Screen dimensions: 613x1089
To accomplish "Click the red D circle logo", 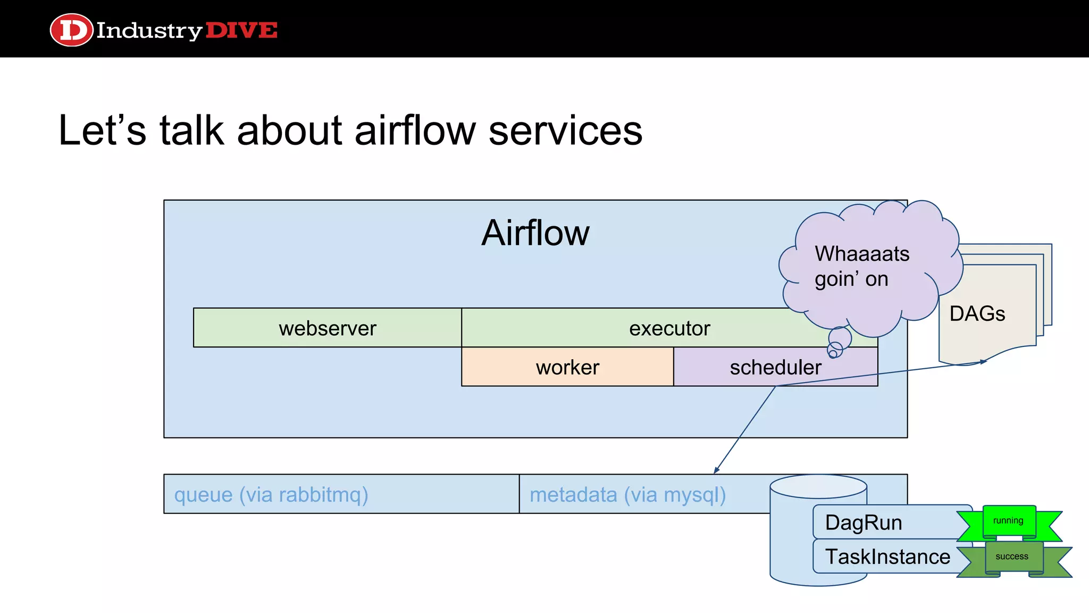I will pyautogui.click(x=71, y=30).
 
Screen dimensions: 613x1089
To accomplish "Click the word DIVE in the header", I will pyautogui.click(x=241, y=30).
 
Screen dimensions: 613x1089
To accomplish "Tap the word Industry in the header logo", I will pyautogui.click(x=149, y=30).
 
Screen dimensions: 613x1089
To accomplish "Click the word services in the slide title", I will pyautogui.click(x=565, y=130).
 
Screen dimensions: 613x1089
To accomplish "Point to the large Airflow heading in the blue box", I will pyautogui.click(x=535, y=233).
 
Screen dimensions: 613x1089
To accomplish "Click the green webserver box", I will pyautogui.click(x=327, y=328).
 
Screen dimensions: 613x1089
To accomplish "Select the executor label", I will pyautogui.click(x=669, y=328).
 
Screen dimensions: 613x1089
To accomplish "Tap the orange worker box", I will pyautogui.click(x=567, y=367).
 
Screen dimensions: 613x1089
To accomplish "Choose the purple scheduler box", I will pyautogui.click(x=775, y=367).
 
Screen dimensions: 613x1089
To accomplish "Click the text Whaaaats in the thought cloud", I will pyautogui.click(x=861, y=254).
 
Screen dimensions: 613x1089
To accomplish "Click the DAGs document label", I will pyautogui.click(x=977, y=313).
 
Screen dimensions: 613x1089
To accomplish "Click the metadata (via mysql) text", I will pyautogui.click(x=627, y=495).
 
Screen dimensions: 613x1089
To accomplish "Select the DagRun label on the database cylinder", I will pyautogui.click(x=863, y=523).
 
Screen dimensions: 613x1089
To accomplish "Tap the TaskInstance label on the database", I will pyautogui.click(x=887, y=557).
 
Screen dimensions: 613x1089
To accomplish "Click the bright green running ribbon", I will pyautogui.click(x=1008, y=521).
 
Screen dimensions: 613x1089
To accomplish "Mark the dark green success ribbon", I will pyautogui.click(x=1012, y=557).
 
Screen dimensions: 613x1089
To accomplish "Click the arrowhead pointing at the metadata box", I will pyautogui.click(x=716, y=470).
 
